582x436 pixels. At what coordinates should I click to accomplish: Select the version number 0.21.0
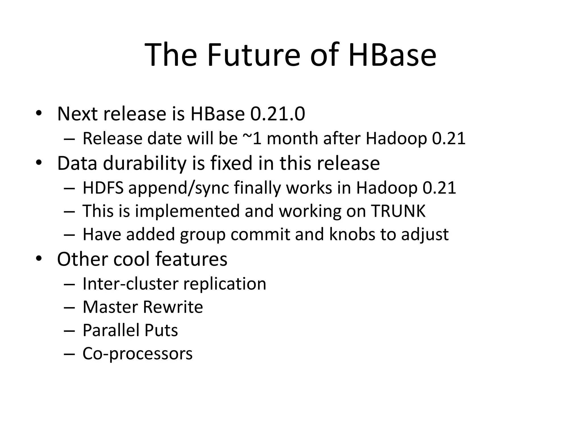[x=278, y=114]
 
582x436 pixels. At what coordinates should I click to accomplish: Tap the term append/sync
[x=178, y=188]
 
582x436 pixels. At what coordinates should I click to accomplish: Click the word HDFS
[x=103, y=188]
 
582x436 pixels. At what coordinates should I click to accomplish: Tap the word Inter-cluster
[x=132, y=284]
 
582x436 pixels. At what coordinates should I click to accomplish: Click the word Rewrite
[x=173, y=307]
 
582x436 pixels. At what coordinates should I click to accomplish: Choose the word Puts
[x=161, y=330]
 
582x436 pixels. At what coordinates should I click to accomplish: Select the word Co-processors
[x=138, y=354]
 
